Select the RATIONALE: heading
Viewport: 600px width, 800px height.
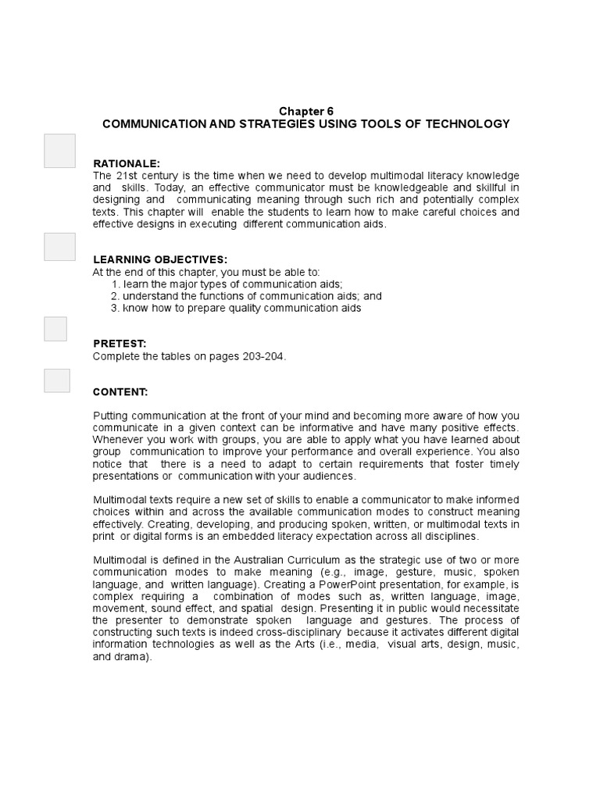click(127, 163)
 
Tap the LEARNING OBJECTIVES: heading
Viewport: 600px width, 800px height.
click(160, 259)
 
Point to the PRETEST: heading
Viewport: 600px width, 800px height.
click(120, 343)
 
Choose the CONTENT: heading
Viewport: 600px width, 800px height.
click(120, 391)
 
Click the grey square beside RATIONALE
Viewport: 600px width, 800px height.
click(60, 151)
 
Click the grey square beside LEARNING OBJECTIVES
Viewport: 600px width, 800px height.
click(60, 246)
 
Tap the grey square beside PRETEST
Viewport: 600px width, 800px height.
click(55, 329)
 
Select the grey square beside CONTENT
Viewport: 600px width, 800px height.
click(57, 380)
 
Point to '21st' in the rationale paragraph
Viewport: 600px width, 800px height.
click(127, 175)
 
